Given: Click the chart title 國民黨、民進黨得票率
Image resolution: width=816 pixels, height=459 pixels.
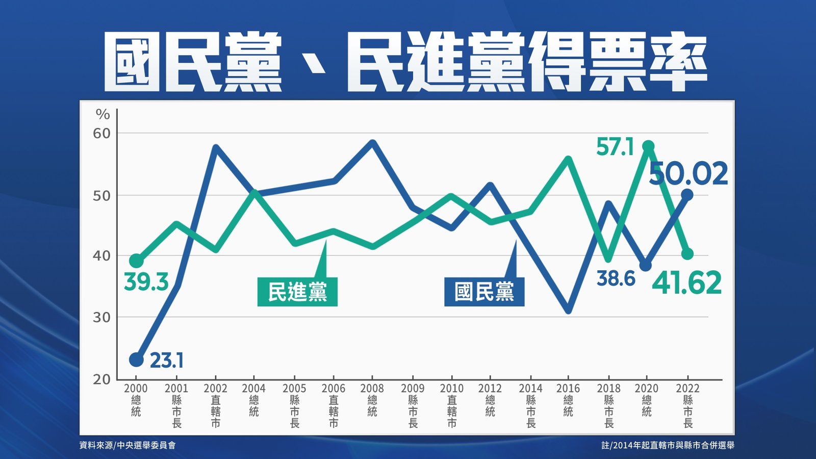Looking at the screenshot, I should [405, 62].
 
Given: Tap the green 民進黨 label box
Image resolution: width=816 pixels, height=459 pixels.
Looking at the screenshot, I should [297, 292].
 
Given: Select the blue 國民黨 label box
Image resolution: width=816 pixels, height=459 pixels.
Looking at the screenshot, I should [484, 292].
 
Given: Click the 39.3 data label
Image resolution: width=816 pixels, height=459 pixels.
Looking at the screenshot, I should [146, 282].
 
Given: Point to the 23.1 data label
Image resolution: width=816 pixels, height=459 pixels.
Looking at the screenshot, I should [166, 361].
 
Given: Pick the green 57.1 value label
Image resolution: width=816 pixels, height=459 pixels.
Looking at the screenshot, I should [615, 147].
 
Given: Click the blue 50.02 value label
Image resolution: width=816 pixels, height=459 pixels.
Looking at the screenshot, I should [688, 174].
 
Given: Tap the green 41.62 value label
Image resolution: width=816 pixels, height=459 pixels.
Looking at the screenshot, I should [687, 283].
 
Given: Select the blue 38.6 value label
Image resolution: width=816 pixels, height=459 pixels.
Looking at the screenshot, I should [616, 278].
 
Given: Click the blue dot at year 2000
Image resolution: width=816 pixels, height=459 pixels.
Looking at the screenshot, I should [136, 360].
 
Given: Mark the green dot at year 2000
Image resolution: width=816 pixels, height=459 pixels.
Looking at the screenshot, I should [136, 261].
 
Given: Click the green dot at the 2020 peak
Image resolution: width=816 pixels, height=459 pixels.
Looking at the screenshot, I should [648, 147].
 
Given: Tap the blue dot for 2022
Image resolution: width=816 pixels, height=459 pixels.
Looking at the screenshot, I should [687, 194].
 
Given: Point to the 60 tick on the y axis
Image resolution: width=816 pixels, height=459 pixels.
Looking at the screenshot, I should [101, 134].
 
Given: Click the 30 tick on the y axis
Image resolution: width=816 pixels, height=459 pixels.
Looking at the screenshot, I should [101, 317].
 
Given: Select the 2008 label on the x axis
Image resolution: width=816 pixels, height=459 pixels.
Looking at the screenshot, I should [372, 389].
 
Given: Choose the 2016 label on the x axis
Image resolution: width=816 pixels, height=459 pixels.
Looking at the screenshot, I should [568, 389].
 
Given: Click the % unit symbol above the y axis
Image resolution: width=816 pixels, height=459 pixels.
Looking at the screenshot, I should [103, 114].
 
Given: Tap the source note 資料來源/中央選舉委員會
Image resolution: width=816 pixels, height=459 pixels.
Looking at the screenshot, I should [127, 445].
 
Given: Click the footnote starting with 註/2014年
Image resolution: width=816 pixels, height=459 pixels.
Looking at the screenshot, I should [668, 445].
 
